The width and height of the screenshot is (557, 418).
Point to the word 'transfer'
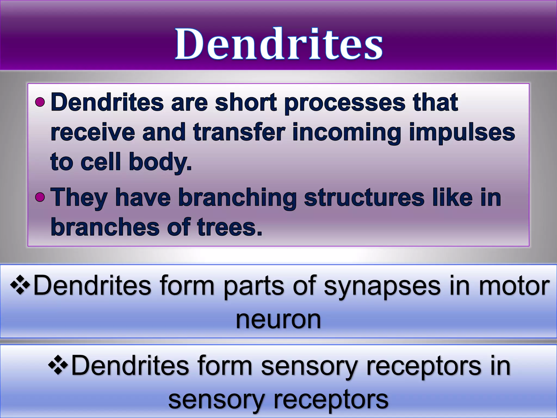[x=239, y=132]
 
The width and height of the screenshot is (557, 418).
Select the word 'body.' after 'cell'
[x=160, y=162]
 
